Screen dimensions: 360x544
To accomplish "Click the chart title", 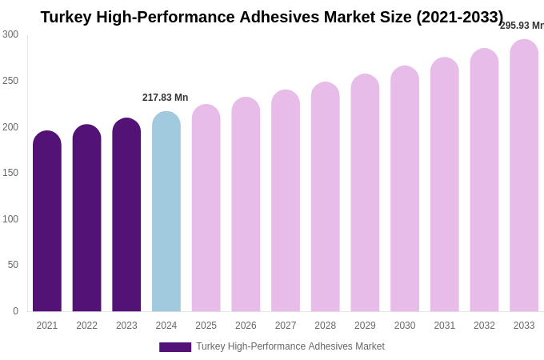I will click(x=272, y=17).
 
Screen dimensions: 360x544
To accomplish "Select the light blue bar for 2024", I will click(x=166, y=212).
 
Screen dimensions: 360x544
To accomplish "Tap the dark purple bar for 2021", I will click(x=47, y=222).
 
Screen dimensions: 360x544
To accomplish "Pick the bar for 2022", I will click(x=86, y=218).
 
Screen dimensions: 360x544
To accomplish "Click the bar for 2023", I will click(x=126, y=215).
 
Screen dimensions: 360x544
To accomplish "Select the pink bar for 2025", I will click(x=206, y=208).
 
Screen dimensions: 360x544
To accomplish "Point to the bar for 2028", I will click(x=325, y=197).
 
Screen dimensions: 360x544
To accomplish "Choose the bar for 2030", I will click(x=405, y=189).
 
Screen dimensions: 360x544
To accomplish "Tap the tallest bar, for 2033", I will click(x=524, y=176).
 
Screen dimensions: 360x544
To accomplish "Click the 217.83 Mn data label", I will click(x=166, y=98).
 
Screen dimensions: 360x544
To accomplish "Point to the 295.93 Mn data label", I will click(x=522, y=26).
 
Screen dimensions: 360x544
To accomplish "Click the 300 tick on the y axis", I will click(x=10, y=34).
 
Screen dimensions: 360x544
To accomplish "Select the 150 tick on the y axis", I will click(x=10, y=173).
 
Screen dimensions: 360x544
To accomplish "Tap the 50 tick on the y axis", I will click(x=13, y=265).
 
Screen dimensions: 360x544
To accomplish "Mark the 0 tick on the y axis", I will click(x=15, y=311).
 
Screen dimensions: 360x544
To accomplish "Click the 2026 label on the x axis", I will click(x=246, y=326).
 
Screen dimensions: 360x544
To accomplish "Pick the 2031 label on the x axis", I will click(x=444, y=326).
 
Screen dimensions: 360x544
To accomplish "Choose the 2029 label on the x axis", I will click(x=365, y=326).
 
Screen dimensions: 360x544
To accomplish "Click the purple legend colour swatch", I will click(x=175, y=347).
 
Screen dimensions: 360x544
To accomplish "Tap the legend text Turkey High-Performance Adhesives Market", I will click(x=290, y=346).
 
